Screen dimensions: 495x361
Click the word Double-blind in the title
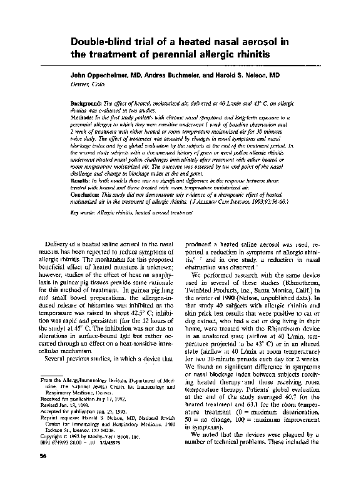pos(104,41)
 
